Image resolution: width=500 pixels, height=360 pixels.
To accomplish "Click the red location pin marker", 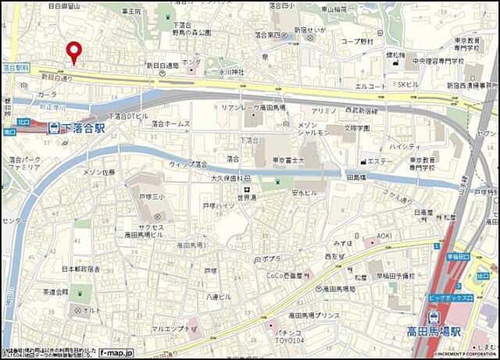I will pyautogui.click(x=74, y=52).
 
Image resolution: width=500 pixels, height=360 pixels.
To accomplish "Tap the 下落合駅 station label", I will pyautogui.click(x=84, y=127).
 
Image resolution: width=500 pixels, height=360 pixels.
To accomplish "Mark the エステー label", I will pyautogui.click(x=380, y=162).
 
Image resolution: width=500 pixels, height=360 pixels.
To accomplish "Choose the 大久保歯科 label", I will pyautogui.click(x=232, y=179).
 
